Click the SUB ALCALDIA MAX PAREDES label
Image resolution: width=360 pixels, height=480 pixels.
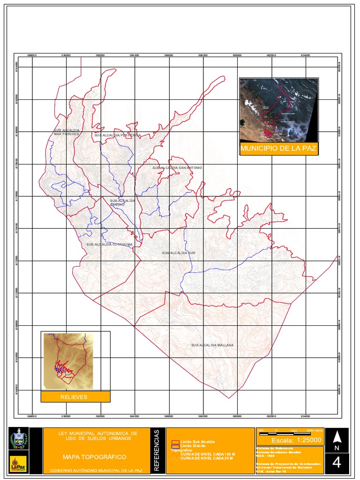[x=66, y=132]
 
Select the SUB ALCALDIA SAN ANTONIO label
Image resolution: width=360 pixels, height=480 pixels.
[x=177, y=167]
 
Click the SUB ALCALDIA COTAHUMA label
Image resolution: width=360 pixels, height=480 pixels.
[x=109, y=244]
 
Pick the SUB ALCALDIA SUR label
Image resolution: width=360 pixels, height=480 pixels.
[x=178, y=253]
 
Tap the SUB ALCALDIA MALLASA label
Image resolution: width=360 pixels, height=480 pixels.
[x=212, y=345]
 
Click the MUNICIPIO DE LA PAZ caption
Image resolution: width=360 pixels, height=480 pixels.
[x=278, y=150]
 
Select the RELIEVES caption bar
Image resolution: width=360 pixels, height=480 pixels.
[x=75, y=397]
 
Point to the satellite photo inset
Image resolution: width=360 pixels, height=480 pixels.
[x=278, y=110]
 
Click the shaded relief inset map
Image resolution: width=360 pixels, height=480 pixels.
[x=68, y=360]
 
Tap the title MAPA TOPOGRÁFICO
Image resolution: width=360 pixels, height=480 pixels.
[x=94, y=457]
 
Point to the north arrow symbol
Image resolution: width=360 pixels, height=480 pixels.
[x=337, y=437]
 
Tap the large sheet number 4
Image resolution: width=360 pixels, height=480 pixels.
[x=337, y=463]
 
